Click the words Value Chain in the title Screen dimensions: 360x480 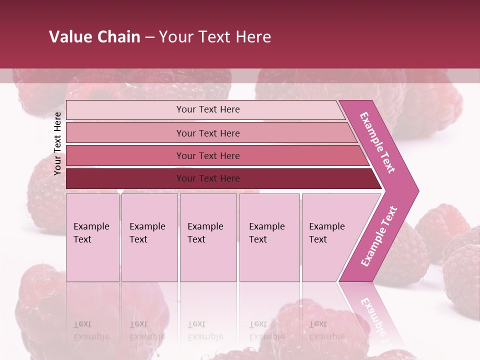(94, 37)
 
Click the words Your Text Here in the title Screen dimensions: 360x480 (215, 37)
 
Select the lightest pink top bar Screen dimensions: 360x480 (125, 110)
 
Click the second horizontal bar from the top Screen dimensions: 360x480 (125, 133)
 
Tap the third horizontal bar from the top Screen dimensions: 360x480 (125, 155)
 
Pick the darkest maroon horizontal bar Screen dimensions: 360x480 (125, 178)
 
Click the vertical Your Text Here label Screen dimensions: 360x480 (57, 143)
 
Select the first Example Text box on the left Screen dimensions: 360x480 (92, 237)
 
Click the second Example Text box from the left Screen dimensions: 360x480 (149, 237)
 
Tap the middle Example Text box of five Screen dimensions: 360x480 (208, 237)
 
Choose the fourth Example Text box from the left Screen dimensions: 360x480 (269, 237)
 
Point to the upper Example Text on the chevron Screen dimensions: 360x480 (378, 142)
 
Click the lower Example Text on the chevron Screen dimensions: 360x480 (378, 236)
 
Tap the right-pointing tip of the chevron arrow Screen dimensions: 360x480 (416, 190)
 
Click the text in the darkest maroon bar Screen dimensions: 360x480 (208, 178)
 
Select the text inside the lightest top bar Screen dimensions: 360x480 (208, 109)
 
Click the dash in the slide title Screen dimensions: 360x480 (149, 37)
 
